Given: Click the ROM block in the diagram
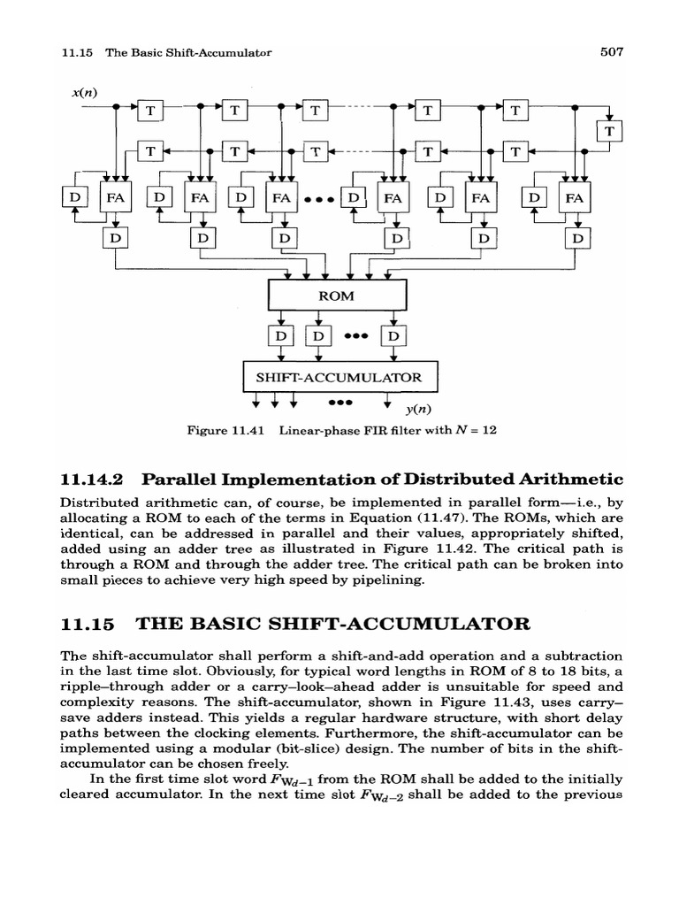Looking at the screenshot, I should [x=336, y=296].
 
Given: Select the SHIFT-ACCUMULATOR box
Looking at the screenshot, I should [x=339, y=377].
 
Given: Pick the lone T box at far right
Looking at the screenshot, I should [x=610, y=132].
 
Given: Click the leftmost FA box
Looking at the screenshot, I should [x=116, y=198].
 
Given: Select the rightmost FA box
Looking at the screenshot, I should [x=576, y=198].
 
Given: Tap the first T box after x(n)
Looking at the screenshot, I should [x=151, y=111].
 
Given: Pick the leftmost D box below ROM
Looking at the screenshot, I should [x=280, y=336].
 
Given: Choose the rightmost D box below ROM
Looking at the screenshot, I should [x=392, y=336].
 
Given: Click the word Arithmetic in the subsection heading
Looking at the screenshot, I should [x=570, y=479].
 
